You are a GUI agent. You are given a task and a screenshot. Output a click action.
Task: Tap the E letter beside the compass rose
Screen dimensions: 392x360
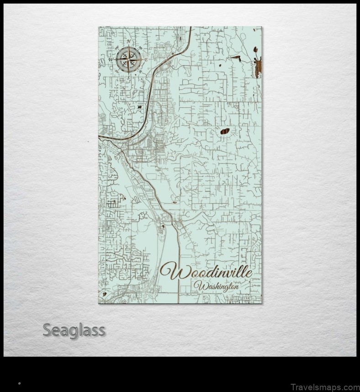coord(146,60)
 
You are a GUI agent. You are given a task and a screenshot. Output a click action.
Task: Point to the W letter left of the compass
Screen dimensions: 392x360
coord(111,60)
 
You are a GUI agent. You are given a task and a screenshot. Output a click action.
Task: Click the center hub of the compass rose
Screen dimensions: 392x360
coord(128,59)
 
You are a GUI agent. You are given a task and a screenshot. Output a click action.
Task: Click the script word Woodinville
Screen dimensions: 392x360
coord(206,272)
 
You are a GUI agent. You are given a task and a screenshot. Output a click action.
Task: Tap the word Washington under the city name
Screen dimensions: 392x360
coord(216,287)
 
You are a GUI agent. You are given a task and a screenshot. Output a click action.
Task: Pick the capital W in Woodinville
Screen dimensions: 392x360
coord(170,271)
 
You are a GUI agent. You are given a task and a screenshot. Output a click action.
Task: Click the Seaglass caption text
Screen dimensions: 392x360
coord(74,330)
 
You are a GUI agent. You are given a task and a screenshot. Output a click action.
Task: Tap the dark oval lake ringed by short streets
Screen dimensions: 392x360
coord(225,132)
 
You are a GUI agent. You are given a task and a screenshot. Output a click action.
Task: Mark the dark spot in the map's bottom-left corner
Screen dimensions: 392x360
coord(105,295)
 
